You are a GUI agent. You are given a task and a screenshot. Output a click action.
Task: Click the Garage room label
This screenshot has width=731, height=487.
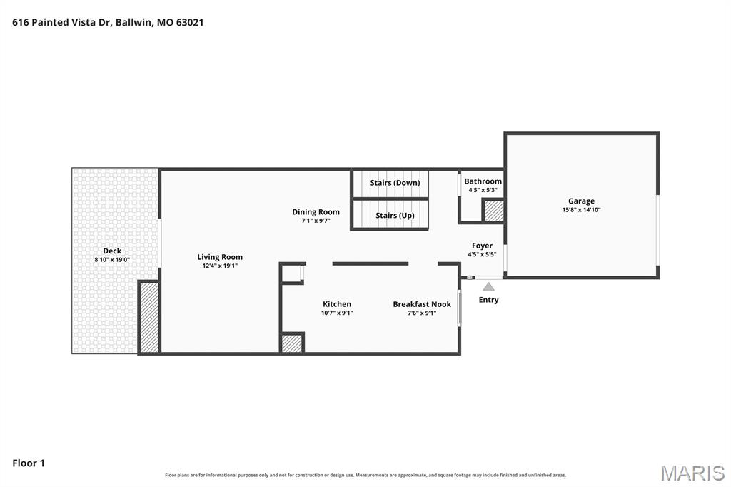581,201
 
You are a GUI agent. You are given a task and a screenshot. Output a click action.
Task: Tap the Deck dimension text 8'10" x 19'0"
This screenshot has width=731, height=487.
112,260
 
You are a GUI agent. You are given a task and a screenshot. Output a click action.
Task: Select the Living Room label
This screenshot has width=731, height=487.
220,257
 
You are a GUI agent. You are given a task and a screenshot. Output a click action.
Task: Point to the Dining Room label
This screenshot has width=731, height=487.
316,212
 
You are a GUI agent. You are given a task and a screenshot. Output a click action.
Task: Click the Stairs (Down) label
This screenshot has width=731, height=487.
395,182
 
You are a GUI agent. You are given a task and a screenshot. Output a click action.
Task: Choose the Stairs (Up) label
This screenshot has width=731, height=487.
395,215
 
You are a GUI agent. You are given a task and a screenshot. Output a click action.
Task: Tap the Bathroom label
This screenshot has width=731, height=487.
483,181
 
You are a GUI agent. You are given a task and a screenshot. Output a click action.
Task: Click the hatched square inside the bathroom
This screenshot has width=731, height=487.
493,211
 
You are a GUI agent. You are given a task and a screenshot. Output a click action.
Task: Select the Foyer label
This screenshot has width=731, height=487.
482,246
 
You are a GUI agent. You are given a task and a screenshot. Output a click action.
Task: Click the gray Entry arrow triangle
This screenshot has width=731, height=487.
488,286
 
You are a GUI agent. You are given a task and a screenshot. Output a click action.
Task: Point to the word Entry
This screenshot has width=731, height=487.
488,300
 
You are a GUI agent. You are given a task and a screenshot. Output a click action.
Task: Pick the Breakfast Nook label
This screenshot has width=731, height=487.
422,304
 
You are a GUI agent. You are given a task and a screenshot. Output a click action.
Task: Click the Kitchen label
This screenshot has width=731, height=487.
337,304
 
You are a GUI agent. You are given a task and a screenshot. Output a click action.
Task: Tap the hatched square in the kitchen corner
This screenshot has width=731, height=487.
292,343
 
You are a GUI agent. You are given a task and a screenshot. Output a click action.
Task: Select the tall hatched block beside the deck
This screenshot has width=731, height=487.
149,318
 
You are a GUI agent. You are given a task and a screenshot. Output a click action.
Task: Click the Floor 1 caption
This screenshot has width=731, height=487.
29,463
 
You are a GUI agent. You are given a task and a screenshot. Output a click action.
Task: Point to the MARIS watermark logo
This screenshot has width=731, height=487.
692,473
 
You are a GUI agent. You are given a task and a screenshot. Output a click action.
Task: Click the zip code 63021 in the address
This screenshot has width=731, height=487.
190,22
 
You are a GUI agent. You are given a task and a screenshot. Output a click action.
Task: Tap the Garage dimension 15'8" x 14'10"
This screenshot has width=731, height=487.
581,210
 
